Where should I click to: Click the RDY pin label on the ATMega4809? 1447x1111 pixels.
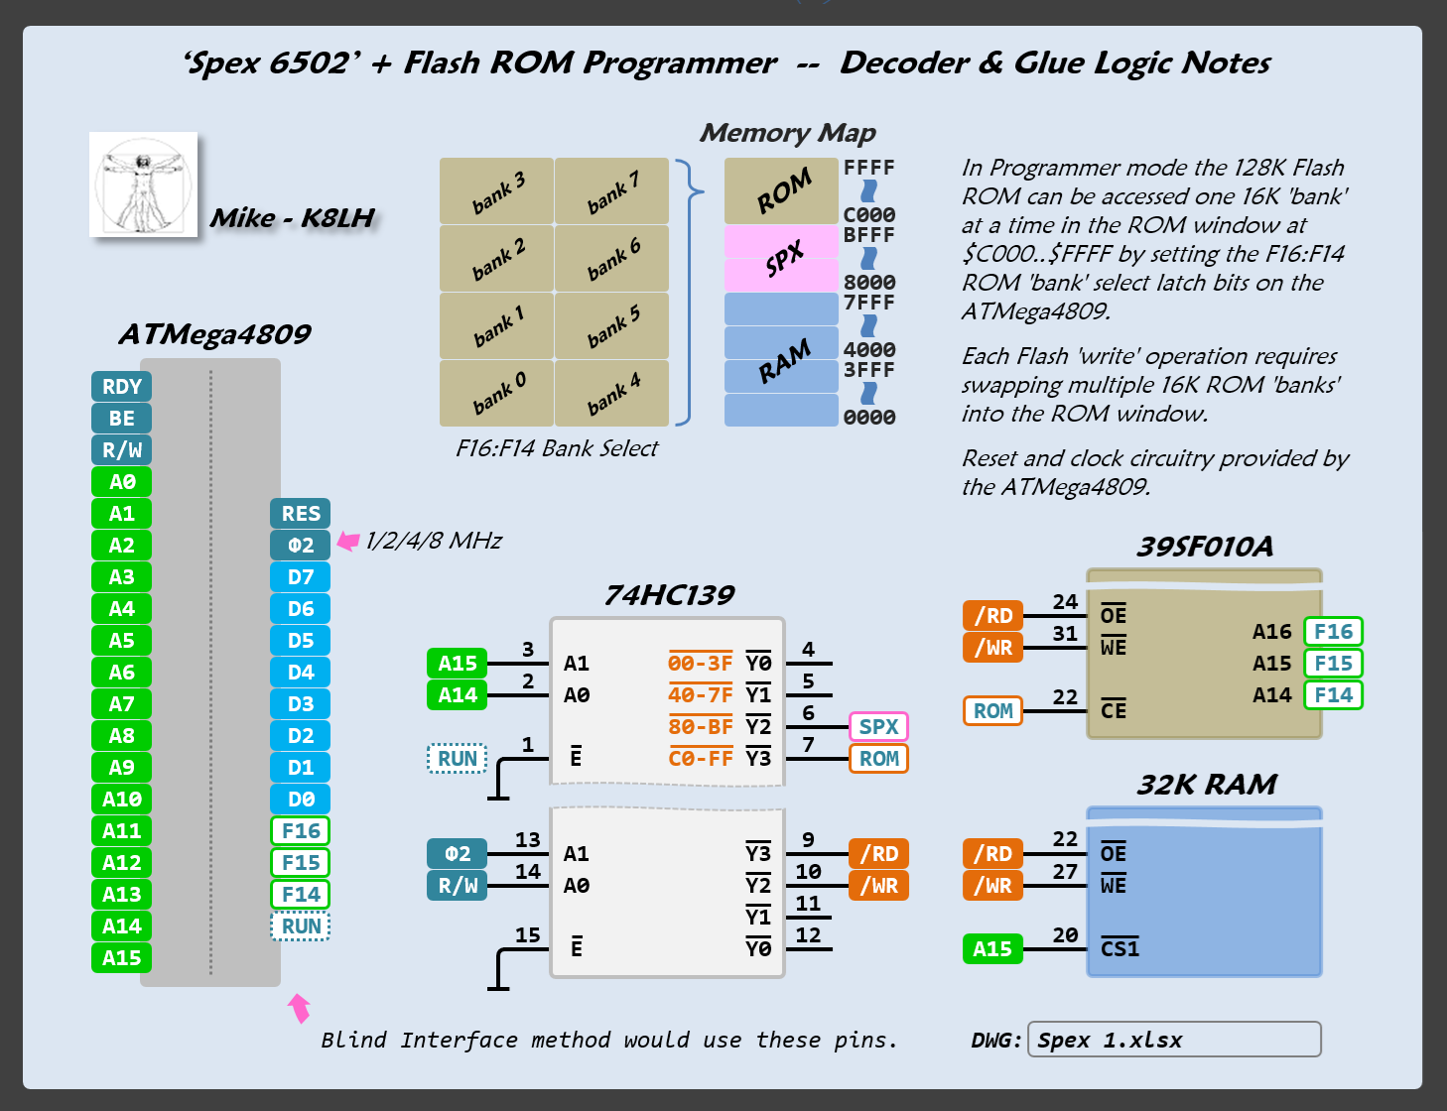click(x=121, y=387)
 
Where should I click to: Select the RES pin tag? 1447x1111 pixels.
click(x=300, y=514)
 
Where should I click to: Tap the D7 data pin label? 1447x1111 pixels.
click(x=300, y=577)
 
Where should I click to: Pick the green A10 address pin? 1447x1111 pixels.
click(x=121, y=800)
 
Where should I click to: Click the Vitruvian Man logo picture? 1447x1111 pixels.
click(x=143, y=185)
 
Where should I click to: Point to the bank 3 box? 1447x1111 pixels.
click(x=496, y=190)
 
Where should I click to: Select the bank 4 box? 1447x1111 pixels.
click(x=611, y=393)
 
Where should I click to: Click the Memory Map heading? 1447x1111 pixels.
click(x=787, y=133)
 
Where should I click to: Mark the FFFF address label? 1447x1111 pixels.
click(x=868, y=168)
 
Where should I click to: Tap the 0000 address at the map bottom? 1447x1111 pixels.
click(x=868, y=418)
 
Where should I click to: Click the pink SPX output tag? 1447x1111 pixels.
click(x=878, y=727)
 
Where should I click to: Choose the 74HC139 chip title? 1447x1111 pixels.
click(x=669, y=595)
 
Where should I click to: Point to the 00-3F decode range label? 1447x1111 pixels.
click(x=700, y=664)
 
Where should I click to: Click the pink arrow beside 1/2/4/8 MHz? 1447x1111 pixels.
click(x=347, y=541)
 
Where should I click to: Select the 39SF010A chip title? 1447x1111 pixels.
click(x=1204, y=547)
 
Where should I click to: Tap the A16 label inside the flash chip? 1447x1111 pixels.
click(x=1271, y=632)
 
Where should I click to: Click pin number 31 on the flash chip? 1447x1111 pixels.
click(x=1065, y=634)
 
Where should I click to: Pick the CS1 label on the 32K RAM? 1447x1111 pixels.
click(x=1119, y=949)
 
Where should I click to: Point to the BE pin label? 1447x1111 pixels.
click(x=121, y=419)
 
